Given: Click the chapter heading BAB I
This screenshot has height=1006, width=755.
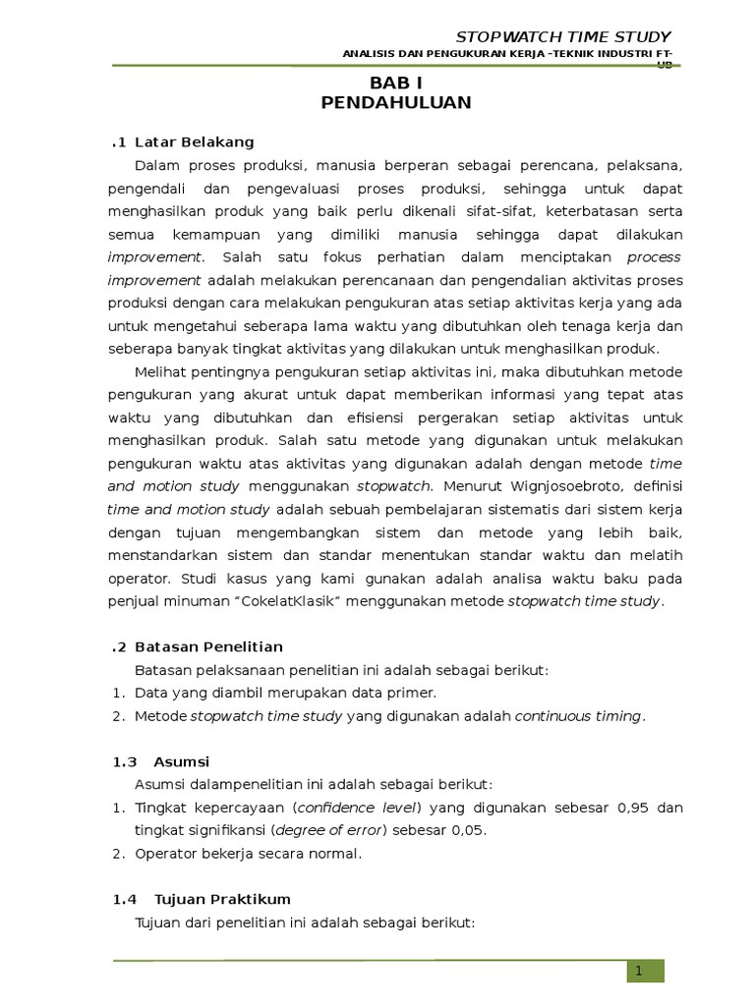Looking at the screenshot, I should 395,84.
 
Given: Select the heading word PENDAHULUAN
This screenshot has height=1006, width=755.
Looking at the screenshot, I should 395,102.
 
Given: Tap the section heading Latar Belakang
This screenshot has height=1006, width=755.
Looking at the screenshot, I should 194,141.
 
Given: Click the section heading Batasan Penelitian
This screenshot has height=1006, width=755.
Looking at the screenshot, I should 208,646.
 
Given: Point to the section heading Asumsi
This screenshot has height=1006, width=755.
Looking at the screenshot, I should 182,761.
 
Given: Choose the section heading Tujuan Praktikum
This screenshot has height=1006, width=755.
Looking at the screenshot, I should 222,899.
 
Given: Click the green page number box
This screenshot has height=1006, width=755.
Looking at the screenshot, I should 646,971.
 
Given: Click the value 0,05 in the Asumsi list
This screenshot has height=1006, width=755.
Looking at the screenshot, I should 467,830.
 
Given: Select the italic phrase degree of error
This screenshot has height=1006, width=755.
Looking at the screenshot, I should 330,830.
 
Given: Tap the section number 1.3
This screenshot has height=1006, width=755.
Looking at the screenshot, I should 123,761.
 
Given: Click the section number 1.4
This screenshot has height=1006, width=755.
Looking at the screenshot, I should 123,899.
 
